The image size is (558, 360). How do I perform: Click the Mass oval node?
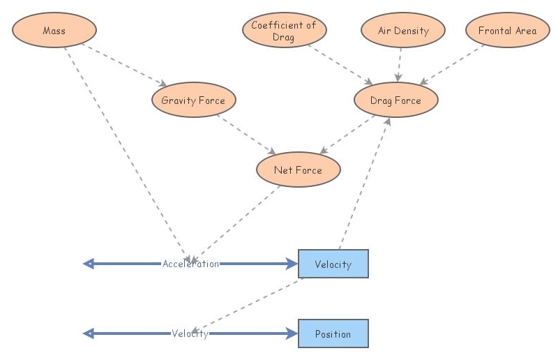(x=54, y=31)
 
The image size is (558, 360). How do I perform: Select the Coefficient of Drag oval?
(x=284, y=31)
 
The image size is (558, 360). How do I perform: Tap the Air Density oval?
(x=403, y=31)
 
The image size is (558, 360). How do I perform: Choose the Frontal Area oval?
(x=507, y=31)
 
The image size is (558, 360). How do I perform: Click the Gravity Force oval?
(x=193, y=100)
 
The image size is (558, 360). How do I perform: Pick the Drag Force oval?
(x=395, y=100)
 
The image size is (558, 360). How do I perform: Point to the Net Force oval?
(x=298, y=170)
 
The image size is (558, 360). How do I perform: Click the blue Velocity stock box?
(x=333, y=264)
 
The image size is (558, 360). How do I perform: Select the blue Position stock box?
(x=333, y=334)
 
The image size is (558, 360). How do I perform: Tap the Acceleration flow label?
(x=190, y=264)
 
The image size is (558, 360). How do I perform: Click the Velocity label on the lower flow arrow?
(x=190, y=333)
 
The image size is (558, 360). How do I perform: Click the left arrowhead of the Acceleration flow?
(x=89, y=264)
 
